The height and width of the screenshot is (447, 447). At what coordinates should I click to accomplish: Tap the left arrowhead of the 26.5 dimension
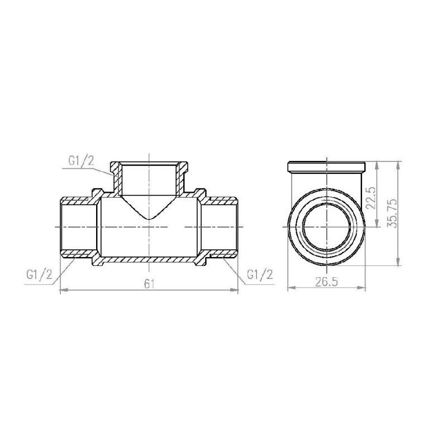290,289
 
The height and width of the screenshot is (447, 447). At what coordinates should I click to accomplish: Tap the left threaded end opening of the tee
61,227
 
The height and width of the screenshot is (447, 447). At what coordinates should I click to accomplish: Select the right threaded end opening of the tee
236,227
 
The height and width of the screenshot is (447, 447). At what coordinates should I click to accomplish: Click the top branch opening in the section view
149,165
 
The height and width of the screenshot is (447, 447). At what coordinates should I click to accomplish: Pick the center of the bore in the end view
326,227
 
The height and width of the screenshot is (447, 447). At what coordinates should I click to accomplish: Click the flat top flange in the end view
326,166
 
